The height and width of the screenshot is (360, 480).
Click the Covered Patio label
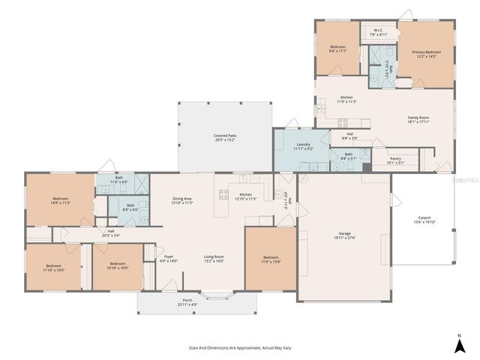click(x=224, y=137)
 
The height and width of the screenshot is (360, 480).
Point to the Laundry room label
click(x=303, y=146)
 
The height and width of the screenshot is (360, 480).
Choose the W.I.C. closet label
click(x=378, y=33)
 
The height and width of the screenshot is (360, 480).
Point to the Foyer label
click(x=169, y=259)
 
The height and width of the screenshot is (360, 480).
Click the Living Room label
click(x=214, y=259)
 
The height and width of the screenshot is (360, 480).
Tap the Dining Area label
click(x=182, y=200)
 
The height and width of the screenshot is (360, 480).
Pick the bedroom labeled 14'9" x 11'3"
click(x=60, y=200)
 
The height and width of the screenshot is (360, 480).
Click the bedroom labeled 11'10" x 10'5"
click(x=53, y=266)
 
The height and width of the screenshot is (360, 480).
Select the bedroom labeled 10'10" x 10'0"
click(x=118, y=265)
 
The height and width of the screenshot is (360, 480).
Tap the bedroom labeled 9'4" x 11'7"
click(x=337, y=49)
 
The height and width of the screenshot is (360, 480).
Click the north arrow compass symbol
click(x=458, y=344)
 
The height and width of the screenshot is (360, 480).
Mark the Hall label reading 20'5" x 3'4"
click(x=110, y=232)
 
